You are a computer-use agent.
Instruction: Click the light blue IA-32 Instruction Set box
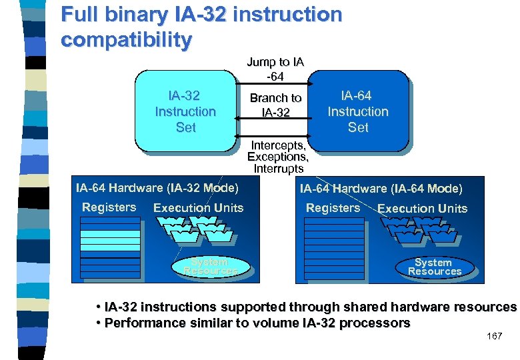coord(185,111)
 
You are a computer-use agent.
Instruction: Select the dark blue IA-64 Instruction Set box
coord(358,111)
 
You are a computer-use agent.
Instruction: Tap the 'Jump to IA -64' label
coord(275,69)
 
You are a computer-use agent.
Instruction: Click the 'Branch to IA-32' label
coord(275,105)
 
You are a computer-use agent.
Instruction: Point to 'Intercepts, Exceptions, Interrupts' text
coord(278,157)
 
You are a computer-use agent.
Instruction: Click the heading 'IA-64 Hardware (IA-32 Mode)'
coord(157,188)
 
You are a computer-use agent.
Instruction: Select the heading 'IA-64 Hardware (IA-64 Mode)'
coord(381,189)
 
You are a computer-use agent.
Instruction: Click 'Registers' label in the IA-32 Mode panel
coord(109,207)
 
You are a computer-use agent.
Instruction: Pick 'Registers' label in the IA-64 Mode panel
coord(333,208)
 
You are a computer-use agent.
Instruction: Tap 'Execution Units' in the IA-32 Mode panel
coord(198,208)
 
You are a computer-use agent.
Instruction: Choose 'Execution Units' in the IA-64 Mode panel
coord(422,209)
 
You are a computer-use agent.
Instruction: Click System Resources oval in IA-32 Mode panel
coord(210,267)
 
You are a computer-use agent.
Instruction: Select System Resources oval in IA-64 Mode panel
coord(434,267)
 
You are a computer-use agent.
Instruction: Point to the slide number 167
coord(494,336)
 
